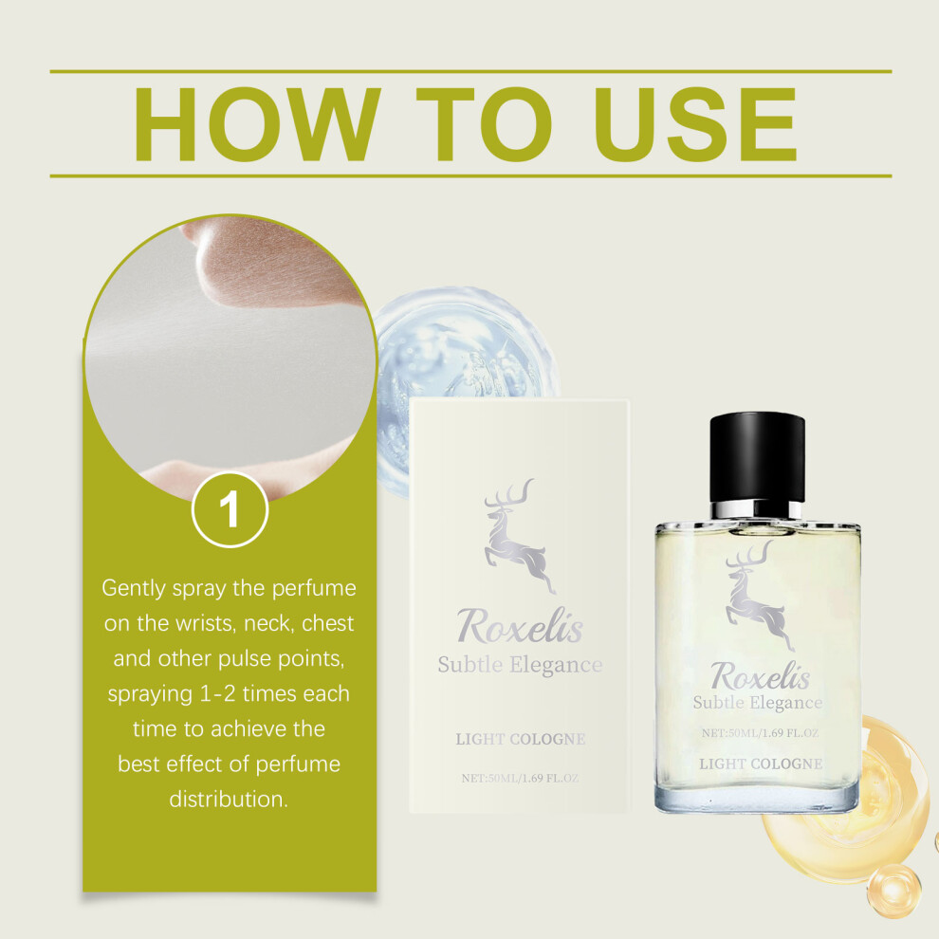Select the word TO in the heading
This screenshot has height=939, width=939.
coord(484,124)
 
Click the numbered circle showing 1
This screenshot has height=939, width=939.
coord(230,509)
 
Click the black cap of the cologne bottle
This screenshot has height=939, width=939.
coord(757,457)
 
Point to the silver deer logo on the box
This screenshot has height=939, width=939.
coord(520,535)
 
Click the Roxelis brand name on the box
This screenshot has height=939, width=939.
coord(520,626)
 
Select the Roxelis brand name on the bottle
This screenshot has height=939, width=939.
coord(760,675)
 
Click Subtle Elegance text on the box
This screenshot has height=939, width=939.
coord(520,665)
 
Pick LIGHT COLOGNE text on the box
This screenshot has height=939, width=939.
coord(521,739)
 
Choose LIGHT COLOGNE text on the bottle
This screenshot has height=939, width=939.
coord(761,764)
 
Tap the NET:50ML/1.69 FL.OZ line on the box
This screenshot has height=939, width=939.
coord(520,778)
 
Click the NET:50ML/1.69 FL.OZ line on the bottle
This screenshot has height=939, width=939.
coord(760,732)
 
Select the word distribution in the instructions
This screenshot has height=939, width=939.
coord(229,799)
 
